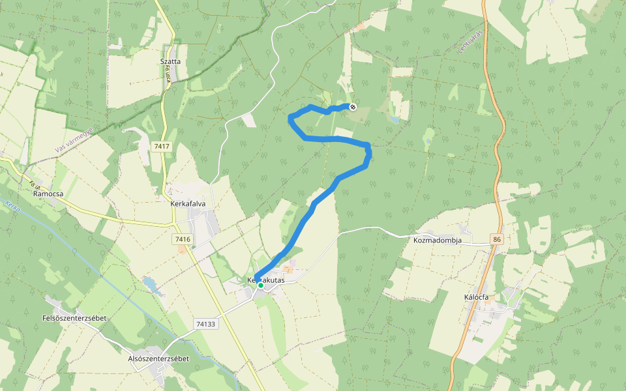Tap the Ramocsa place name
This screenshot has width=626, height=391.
pos(47,194)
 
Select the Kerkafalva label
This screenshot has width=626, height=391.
pos(188,203)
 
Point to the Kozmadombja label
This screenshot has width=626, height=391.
pos(438,240)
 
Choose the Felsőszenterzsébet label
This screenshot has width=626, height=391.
pos(74,318)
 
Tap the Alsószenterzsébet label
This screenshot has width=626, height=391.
pos(158,358)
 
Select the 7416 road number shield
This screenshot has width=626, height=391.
pos(183,240)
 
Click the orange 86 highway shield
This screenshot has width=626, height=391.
pos(498,240)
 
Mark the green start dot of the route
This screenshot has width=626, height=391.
pos(260,285)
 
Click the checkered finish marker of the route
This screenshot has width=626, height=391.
pos(353,106)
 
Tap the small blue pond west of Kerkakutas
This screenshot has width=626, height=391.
pos(151,284)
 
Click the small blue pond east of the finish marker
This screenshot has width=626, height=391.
pos(394,119)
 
